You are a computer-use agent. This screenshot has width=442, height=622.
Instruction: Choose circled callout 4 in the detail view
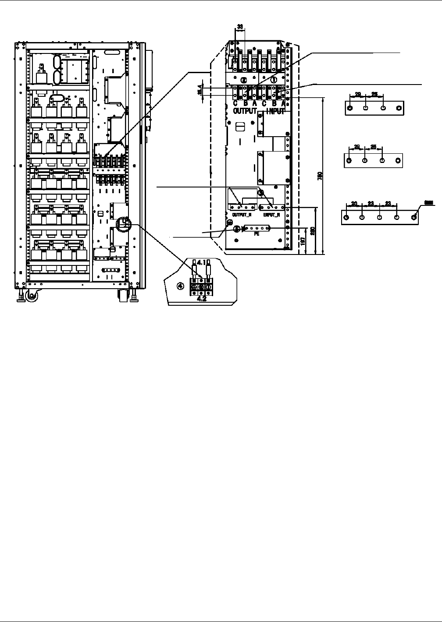tap(180, 286)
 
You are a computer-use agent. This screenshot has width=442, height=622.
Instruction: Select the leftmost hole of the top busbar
tap(349, 108)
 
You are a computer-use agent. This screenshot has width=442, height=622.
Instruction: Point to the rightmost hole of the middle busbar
tap(398, 160)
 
